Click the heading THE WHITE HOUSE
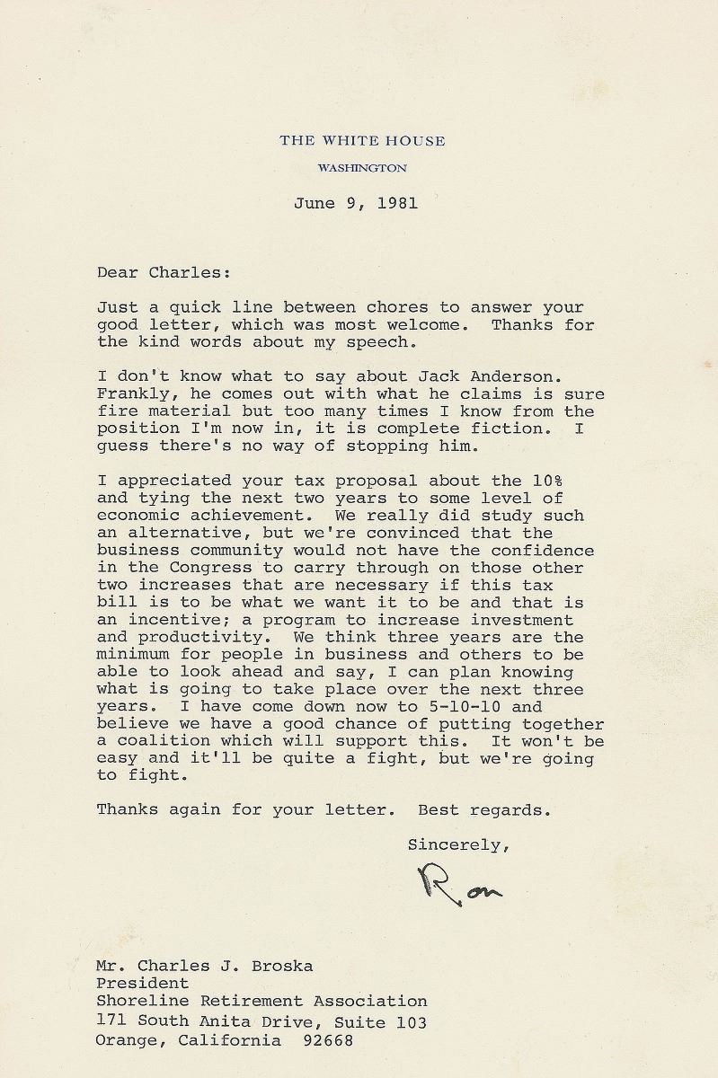(362, 140)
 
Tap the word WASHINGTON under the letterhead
(362, 168)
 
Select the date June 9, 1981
(355, 203)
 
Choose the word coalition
(160, 742)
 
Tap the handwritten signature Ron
(459, 886)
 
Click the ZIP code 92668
(328, 1041)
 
